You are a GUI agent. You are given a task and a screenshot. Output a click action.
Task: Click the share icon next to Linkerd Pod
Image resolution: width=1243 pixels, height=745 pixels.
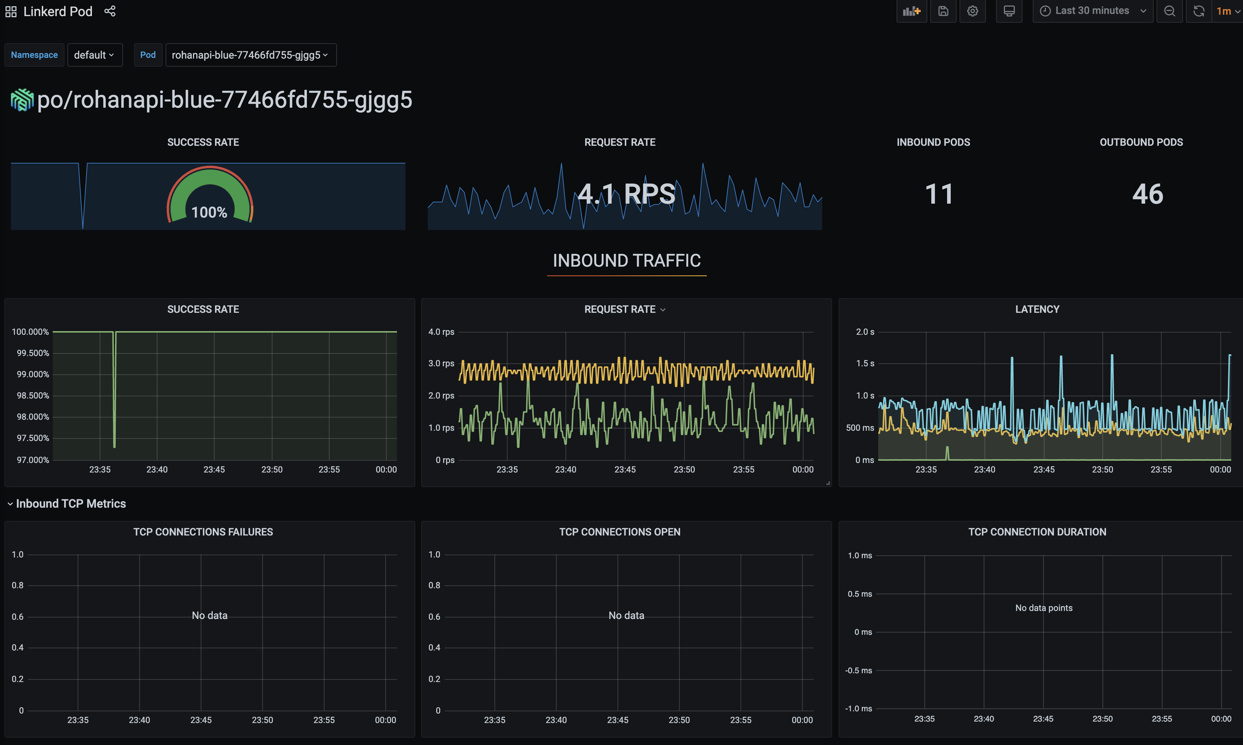coord(110,11)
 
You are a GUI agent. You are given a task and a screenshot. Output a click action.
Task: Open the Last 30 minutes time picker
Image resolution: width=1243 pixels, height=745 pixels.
coord(1092,11)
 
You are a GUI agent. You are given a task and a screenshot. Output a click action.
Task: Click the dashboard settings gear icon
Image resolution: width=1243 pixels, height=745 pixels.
coord(972,11)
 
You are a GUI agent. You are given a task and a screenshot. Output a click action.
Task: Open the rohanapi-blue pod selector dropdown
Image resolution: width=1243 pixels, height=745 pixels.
coord(250,55)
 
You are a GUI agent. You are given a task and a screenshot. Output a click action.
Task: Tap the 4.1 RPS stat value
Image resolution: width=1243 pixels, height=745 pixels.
coord(626,194)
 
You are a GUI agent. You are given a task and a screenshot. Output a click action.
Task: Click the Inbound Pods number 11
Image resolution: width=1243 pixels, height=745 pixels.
coord(938,194)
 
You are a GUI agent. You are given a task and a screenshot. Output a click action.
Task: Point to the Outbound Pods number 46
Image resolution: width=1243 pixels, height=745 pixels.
coord(1147,194)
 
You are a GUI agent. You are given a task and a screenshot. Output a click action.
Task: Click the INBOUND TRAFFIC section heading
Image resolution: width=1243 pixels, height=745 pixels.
coord(626,260)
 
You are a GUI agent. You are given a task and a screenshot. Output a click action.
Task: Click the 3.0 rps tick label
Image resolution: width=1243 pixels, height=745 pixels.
coord(441,363)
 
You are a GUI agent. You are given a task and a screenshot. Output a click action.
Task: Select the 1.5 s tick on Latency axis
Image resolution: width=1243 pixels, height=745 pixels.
coord(865,363)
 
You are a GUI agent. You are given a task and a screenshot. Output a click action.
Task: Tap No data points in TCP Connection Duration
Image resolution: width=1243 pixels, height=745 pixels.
coord(1043,608)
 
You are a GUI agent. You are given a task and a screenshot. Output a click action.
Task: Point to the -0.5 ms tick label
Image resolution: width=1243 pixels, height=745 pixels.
coord(858,670)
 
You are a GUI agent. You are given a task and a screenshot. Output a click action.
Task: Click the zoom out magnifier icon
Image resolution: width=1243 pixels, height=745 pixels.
coord(1169,11)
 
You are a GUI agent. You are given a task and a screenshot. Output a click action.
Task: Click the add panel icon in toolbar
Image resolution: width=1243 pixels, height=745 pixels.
coord(911,11)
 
